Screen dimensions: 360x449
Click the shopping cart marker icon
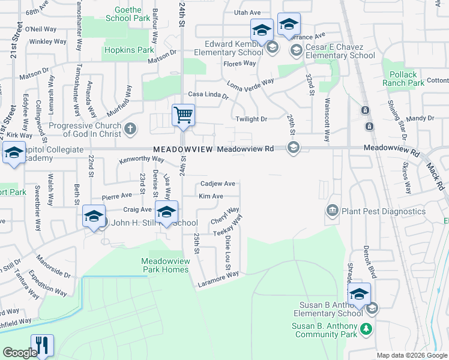183,115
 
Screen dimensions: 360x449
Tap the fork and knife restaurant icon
42,345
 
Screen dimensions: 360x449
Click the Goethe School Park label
127,14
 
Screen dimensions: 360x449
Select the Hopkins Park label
129,50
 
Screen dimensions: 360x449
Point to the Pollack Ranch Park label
403,79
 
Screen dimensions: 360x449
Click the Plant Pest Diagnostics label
383,211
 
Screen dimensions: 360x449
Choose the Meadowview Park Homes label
165,265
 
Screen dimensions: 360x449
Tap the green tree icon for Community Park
366,328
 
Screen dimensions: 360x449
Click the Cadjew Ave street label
217,184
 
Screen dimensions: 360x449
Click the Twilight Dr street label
251,119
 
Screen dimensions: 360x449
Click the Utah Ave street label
247,12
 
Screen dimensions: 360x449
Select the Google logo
19,353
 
